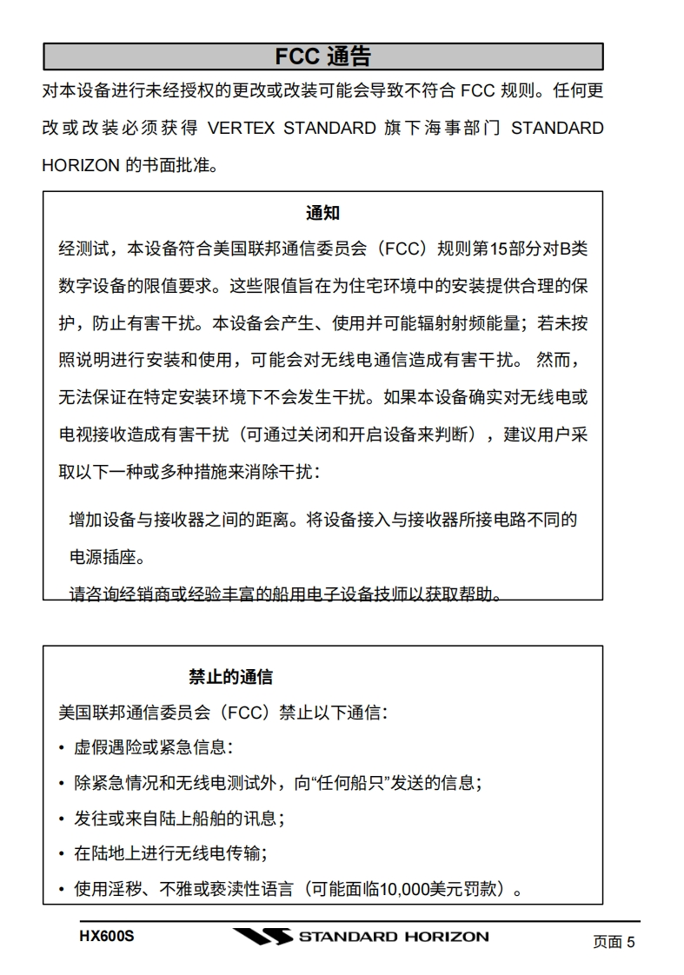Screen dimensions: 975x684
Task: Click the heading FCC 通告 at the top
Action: (322, 57)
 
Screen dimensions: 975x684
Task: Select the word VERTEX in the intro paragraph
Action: (242, 129)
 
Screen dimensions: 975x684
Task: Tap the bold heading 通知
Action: (322, 213)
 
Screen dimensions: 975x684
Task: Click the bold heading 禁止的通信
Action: (231, 677)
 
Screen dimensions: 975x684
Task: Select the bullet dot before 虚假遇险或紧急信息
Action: (62, 748)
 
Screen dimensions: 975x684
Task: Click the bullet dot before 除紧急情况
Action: (62, 784)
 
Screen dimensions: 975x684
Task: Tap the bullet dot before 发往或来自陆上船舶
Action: (62, 819)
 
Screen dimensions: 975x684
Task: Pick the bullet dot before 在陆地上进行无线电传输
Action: (62, 855)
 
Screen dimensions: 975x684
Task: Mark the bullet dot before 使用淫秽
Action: (62, 891)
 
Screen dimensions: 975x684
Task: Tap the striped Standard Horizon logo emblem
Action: (262, 938)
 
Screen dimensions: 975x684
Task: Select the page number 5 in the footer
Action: (631, 942)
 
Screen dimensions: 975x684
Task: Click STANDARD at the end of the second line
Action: (557, 129)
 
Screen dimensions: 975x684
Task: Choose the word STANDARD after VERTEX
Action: (329, 129)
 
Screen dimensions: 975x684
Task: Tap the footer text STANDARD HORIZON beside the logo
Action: (393, 937)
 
